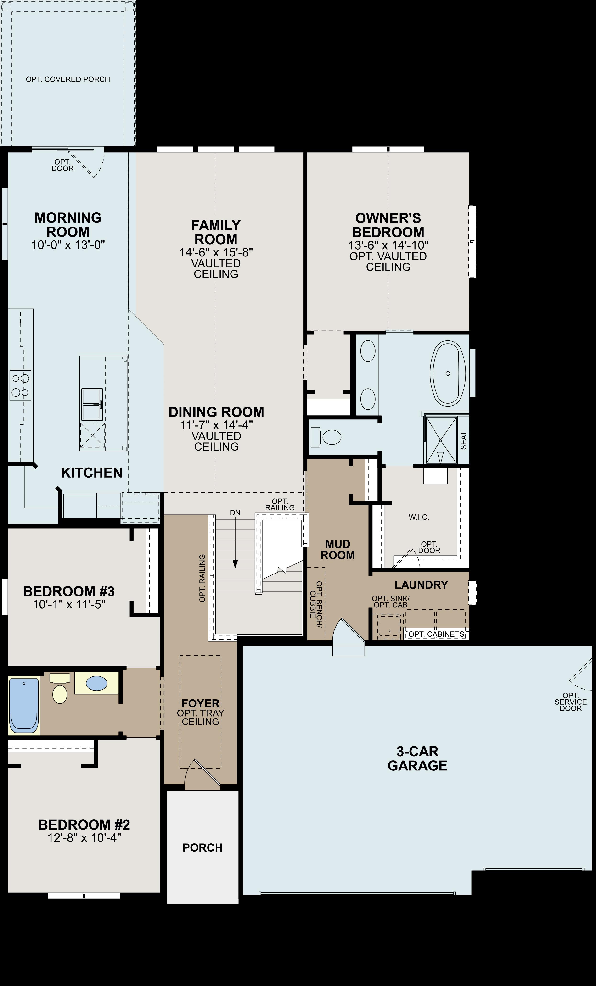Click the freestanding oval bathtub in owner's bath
pyautogui.click(x=448, y=373)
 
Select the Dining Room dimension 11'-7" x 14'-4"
pyautogui.click(x=216, y=425)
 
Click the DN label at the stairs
pyautogui.click(x=235, y=512)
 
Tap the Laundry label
pyautogui.click(x=421, y=585)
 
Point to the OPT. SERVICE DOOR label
pyautogui.click(x=570, y=702)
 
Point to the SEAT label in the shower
pyautogui.click(x=463, y=440)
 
